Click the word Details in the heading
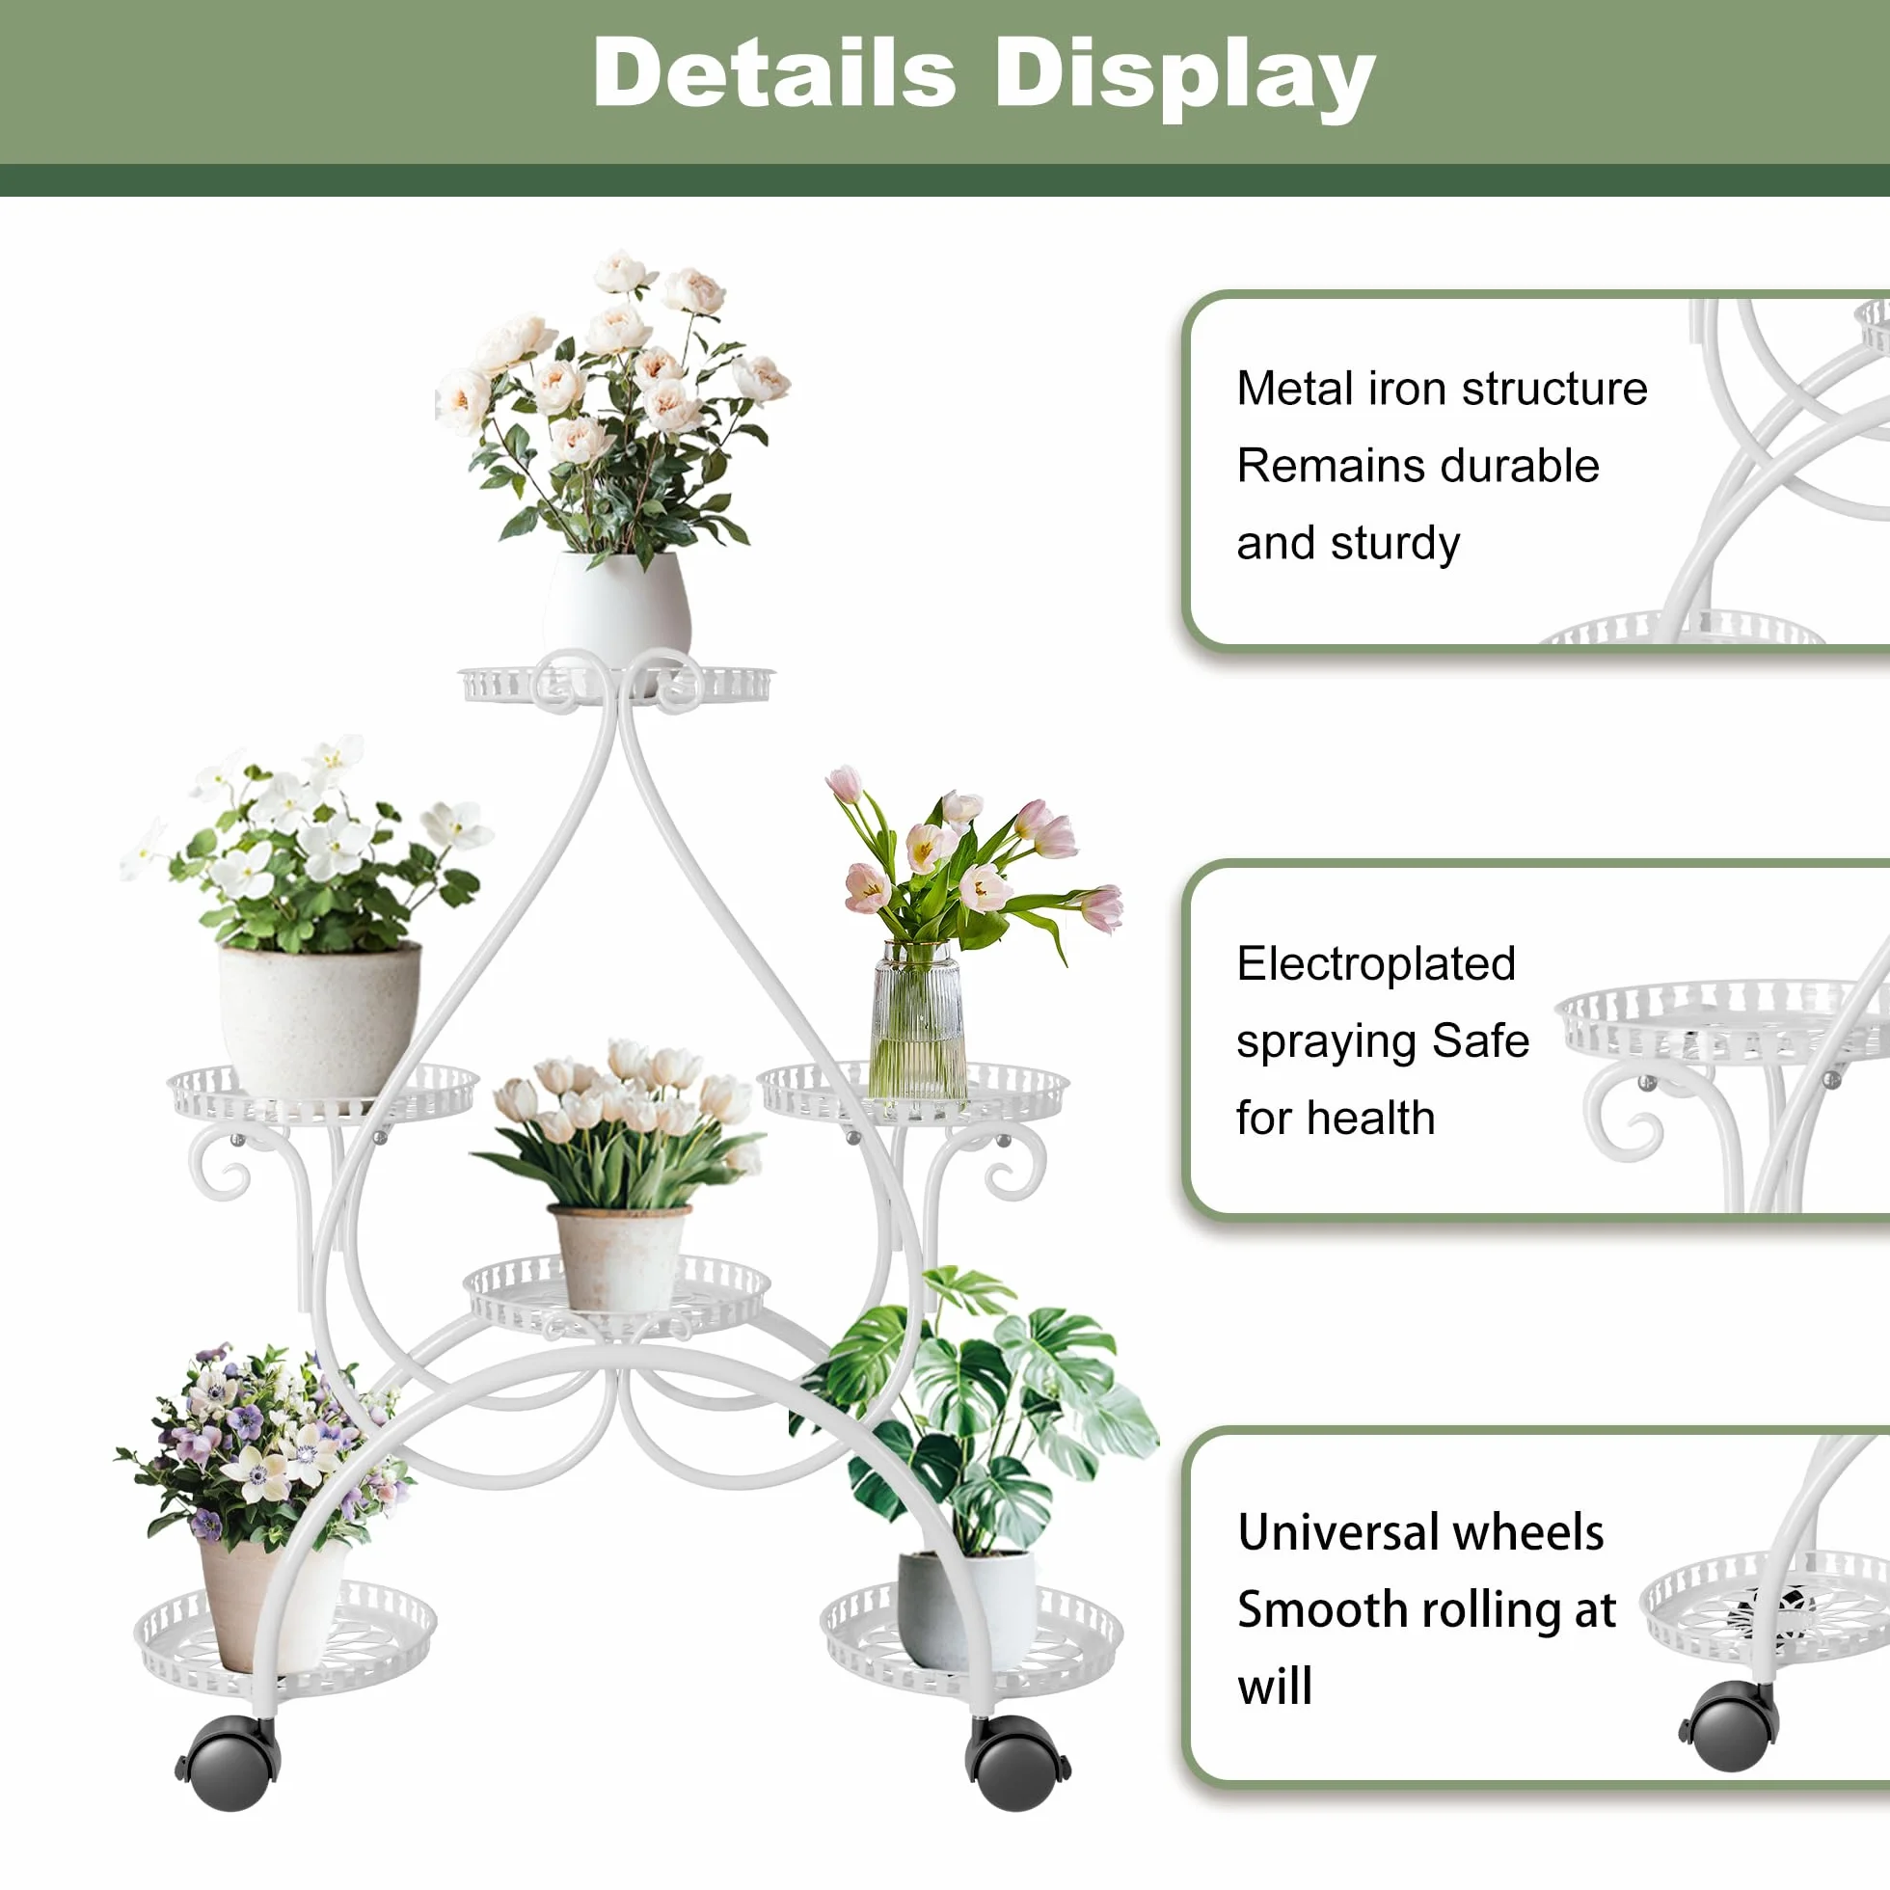[773, 72]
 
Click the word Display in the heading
[1184, 78]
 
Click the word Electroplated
[1376, 964]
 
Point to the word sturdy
[1396, 544]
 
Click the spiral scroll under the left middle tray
[219, 1164]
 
